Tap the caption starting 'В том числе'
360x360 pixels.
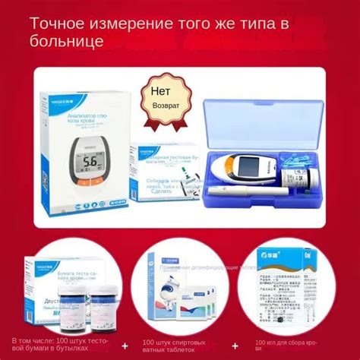pos(58,346)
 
